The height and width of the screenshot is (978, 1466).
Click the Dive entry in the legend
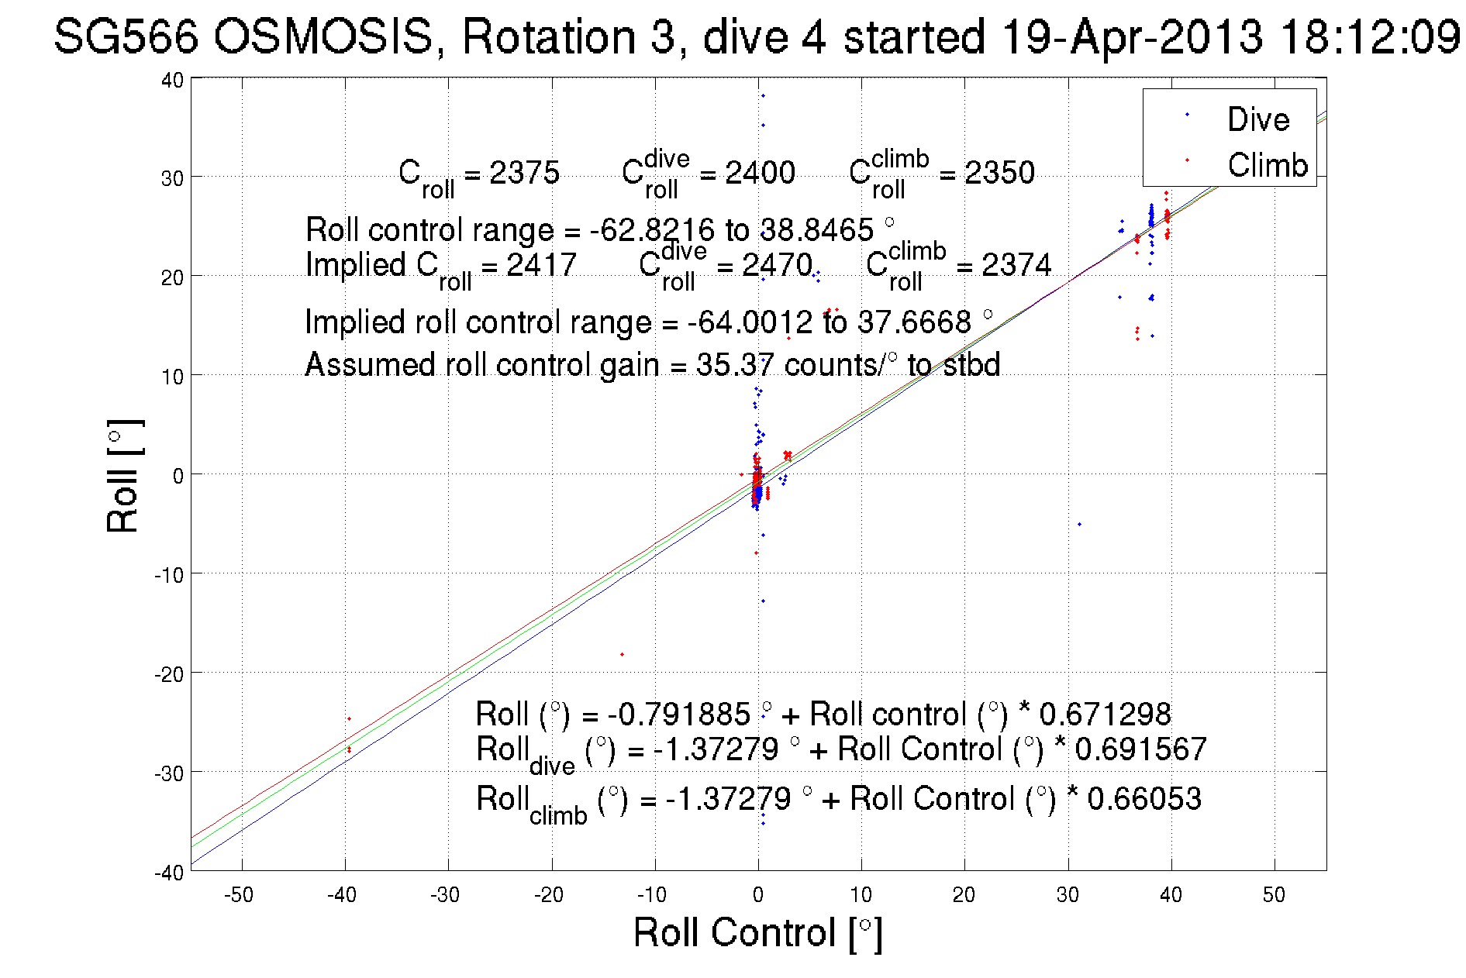[x=1257, y=119]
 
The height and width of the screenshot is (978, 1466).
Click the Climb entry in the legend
[x=1267, y=165]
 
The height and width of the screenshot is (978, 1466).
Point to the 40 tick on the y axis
[x=173, y=80]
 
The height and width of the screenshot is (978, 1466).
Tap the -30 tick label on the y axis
[x=169, y=773]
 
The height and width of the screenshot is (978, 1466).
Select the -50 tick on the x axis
[x=239, y=895]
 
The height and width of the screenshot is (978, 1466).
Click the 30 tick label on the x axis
[x=1068, y=895]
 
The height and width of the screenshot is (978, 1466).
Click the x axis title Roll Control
[x=757, y=932]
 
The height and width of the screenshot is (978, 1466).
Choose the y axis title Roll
[x=122, y=476]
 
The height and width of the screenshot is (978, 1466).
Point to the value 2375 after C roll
[x=524, y=172]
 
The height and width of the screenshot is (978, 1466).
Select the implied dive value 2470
[x=777, y=265]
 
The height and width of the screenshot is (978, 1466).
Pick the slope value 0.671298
[x=1105, y=714]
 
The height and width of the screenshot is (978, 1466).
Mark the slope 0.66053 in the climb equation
[x=1143, y=798]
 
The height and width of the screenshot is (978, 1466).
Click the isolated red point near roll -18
[x=622, y=654]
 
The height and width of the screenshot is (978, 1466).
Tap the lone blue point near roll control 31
[x=1079, y=525]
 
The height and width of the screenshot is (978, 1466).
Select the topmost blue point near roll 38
[x=763, y=96]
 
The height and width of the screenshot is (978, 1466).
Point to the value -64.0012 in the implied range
[x=750, y=322]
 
